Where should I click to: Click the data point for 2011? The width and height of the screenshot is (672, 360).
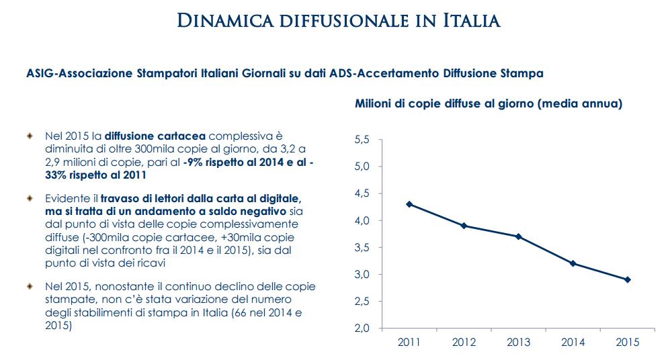(x=409, y=204)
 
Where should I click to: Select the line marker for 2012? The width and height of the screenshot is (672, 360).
(x=463, y=226)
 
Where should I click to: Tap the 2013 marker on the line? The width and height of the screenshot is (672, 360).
(x=518, y=236)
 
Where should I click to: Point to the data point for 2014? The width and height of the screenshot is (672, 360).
(x=573, y=263)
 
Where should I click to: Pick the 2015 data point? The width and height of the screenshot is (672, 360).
(x=627, y=279)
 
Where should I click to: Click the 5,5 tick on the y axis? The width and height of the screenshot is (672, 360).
(x=362, y=140)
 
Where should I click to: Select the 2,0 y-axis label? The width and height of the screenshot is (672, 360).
(x=362, y=328)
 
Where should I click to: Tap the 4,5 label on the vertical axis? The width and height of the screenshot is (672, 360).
(x=362, y=193)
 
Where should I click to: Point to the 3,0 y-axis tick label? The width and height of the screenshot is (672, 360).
(x=362, y=275)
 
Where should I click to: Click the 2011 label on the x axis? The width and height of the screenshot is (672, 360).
(x=409, y=343)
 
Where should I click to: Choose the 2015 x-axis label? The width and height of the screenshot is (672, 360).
(x=627, y=343)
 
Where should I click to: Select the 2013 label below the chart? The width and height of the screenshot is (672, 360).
(x=518, y=343)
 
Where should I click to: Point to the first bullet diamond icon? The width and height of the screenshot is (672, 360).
(x=29, y=136)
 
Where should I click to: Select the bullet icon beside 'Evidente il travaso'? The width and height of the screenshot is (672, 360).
(x=29, y=199)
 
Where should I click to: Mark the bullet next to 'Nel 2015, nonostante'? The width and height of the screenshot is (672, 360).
(x=29, y=286)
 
